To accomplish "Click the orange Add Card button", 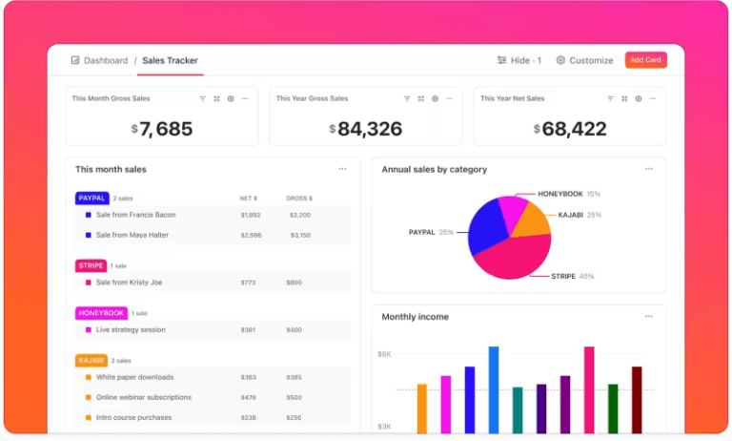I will (645, 60).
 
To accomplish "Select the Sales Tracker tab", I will (169, 60).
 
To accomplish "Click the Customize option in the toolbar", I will (584, 60).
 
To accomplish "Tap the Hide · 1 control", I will (519, 60).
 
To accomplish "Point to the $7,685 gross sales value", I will (161, 129).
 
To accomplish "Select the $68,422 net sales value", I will (569, 129).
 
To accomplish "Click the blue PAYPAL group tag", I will (91, 199).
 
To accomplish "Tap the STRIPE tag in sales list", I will (91, 265).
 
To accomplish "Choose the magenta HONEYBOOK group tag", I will (100, 313).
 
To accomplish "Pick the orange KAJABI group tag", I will (91, 361).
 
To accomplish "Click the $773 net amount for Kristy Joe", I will (248, 283).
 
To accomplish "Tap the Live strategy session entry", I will (131, 330).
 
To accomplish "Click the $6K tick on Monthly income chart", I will (384, 354).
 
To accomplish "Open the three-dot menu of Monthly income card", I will (649, 317).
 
